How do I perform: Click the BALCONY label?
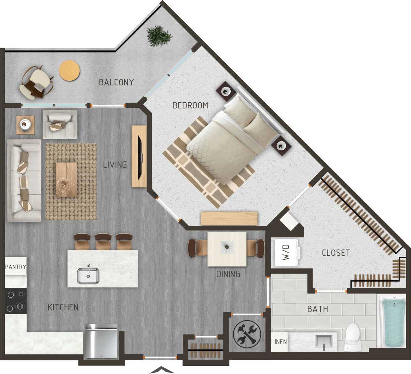pyautogui.click(x=116, y=82)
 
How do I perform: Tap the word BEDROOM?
pyautogui.click(x=190, y=105)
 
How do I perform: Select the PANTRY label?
pyautogui.click(x=16, y=267)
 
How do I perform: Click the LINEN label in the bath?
pyautogui.click(x=279, y=342)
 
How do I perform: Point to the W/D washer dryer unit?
pyautogui.click(x=286, y=252)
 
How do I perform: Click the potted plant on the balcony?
pyautogui.click(x=158, y=36)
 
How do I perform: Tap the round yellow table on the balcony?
pyautogui.click(x=70, y=71)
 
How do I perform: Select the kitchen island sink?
pyautogui.click(x=88, y=275)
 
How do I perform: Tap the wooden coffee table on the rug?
pyautogui.click(x=66, y=179)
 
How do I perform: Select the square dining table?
pyautogui.click(x=227, y=249)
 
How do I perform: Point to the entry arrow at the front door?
pyautogui.click(x=160, y=370)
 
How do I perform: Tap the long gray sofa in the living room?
pyautogui.click(x=24, y=180)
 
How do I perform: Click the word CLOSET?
pyautogui.click(x=336, y=253)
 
